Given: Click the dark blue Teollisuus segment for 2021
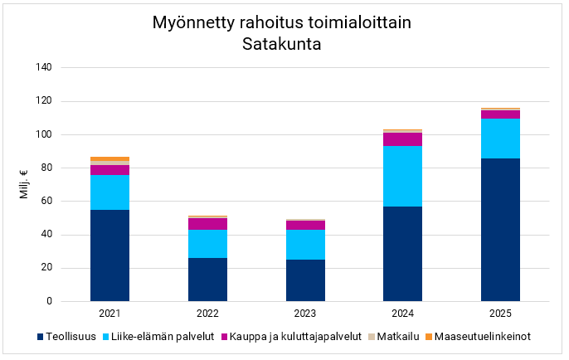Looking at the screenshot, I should tap(109, 255).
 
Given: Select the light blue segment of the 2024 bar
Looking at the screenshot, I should tap(402, 176).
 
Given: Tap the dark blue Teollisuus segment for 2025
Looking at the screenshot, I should tap(500, 230).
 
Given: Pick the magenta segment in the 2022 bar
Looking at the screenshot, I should tap(207, 224).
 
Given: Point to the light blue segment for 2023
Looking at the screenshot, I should tap(305, 245).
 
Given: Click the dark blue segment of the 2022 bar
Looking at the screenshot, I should tap(207, 280).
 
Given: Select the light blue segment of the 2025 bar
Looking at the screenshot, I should tap(500, 139).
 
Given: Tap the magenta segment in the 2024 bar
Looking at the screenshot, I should tap(402, 139).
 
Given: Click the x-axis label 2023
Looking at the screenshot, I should tap(305, 313).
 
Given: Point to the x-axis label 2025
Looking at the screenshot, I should tap(500, 313).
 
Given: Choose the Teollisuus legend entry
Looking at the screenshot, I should tap(70, 337).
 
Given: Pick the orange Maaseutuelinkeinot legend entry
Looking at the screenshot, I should tap(481, 337).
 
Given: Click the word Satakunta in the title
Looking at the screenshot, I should tap(282, 43).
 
